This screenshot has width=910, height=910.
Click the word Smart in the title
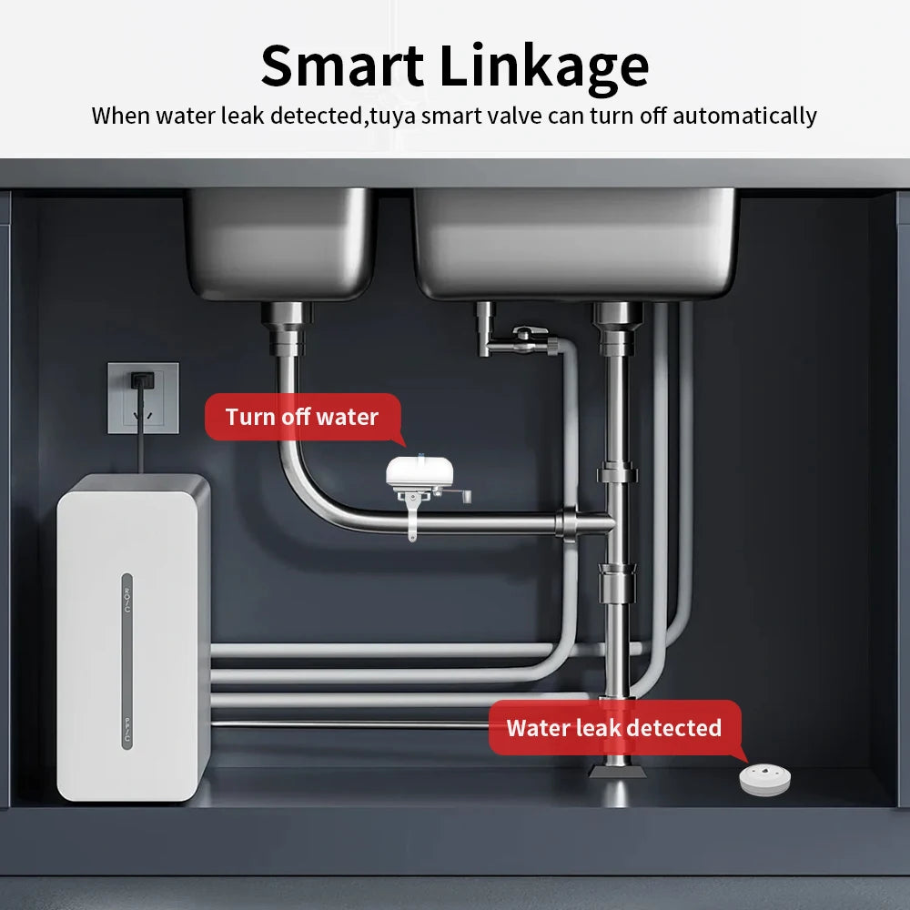pyautogui.click(x=342, y=65)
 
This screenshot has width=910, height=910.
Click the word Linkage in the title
pyautogui.click(x=544, y=68)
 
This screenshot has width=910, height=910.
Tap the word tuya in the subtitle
pyautogui.click(x=392, y=116)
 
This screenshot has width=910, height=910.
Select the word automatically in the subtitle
pyautogui.click(x=744, y=116)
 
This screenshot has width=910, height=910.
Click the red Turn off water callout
pyautogui.click(x=302, y=417)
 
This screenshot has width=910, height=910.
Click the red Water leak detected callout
pyautogui.click(x=614, y=728)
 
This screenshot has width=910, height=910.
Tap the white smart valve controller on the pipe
pyautogui.click(x=420, y=472)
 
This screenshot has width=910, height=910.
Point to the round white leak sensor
pyautogui.click(x=765, y=779)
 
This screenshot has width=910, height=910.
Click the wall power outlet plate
pyautogui.click(x=144, y=398)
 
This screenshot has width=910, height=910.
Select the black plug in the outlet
pyautogui.click(x=142, y=380)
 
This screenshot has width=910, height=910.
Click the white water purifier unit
pyautogui.click(x=134, y=638)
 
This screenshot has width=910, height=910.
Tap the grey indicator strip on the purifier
pyautogui.click(x=127, y=661)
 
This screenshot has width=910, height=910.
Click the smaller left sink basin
pyautogui.click(x=281, y=243)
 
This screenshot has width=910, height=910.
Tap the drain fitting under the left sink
pyautogui.click(x=286, y=329)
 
